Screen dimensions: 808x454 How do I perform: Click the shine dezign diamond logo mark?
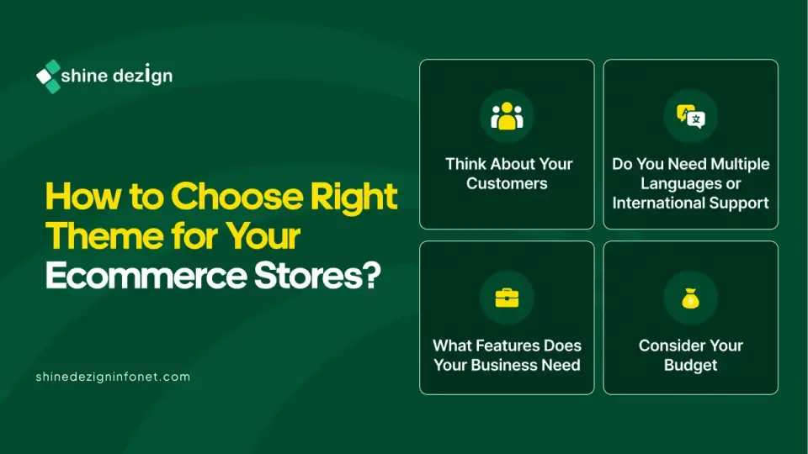coord(49,77)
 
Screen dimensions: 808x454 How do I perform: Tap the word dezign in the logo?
coord(143,75)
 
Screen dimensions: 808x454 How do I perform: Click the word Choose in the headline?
coord(237,196)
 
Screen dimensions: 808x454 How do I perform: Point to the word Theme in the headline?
coord(105,236)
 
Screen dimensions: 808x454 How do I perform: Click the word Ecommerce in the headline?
coord(146,276)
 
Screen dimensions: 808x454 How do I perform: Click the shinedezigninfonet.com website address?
coord(113,377)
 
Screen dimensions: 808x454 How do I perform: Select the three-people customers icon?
coord(507,116)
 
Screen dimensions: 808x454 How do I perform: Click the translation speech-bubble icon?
coord(690,116)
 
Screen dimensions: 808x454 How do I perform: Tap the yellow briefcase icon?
coord(507,298)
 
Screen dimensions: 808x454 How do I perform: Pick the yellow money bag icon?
coord(690,298)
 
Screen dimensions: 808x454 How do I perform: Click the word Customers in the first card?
coord(507,183)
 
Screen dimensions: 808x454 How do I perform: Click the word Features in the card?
coord(507,346)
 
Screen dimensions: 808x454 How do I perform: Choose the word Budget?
coord(690,366)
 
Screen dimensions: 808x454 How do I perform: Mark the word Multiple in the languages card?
coord(740,164)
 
